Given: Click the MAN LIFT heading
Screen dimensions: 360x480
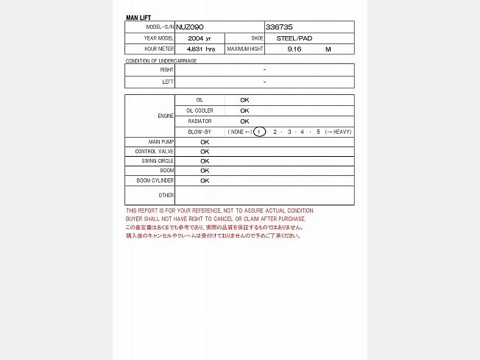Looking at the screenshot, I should point(138,17).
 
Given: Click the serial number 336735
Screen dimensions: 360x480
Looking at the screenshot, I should point(279,27).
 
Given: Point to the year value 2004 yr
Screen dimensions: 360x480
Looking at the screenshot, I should point(200,38).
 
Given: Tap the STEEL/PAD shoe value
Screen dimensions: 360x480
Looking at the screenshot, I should point(294,38).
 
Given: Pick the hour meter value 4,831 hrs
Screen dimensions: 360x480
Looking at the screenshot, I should point(201,49).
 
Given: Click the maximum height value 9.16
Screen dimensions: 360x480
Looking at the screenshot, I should point(294,49).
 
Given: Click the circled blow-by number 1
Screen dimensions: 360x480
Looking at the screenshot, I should point(259,132).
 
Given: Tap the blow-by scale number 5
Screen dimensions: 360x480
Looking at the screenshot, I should point(319,132).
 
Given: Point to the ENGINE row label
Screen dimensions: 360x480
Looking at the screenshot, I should point(166,116).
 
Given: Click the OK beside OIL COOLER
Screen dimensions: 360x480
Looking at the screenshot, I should point(244,110).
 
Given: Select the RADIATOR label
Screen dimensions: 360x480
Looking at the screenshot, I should point(200,121).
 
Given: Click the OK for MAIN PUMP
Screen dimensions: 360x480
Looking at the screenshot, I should point(205,141).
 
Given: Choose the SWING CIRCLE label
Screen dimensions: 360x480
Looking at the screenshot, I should point(158,160).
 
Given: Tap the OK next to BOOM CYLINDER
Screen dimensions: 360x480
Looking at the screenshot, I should point(205,180).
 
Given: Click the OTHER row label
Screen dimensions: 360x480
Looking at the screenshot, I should point(166,195).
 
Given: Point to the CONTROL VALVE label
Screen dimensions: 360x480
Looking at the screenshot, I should point(155,151).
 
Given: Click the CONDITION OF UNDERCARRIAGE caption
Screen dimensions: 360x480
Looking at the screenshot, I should point(161,60).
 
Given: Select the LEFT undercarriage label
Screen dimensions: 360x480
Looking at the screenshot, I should point(168,82).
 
